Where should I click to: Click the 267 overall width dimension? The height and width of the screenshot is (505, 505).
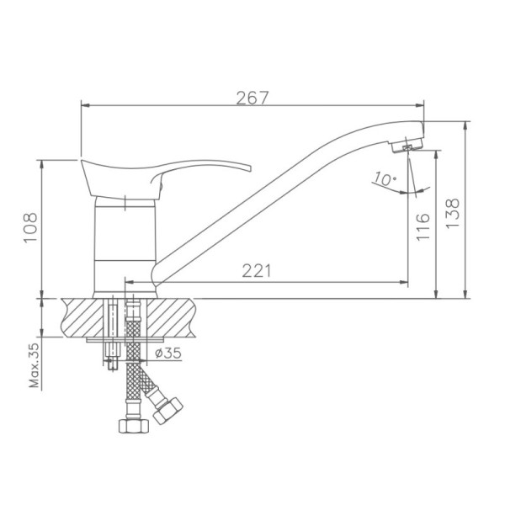tap(252, 98)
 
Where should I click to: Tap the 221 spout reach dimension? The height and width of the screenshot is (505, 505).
tap(257, 271)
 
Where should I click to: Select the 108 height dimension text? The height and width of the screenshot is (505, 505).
tap(31, 227)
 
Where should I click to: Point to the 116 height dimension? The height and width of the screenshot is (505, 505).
tap(423, 226)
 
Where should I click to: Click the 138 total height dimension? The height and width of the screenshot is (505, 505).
tap(453, 213)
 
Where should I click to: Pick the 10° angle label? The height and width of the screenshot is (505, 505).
tap(385, 178)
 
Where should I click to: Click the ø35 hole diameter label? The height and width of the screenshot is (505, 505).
tap(168, 353)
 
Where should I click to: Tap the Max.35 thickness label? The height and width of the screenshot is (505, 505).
tap(34, 365)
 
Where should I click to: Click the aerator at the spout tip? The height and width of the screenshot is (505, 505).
tap(407, 146)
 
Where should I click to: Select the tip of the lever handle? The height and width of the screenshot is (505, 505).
tap(249, 168)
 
